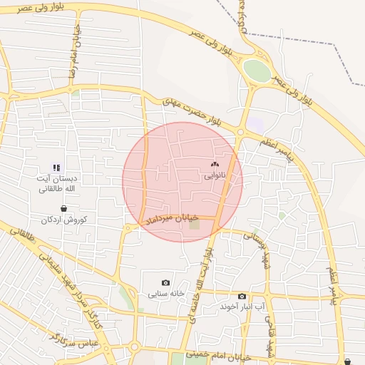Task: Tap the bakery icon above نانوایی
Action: point(215,164)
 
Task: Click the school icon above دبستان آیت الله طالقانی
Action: point(56,168)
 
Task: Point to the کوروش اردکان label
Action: point(64,220)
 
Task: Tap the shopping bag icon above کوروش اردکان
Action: point(65,209)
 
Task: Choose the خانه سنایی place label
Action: point(165,293)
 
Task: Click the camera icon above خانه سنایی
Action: point(166,282)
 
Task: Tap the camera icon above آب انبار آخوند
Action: point(242,296)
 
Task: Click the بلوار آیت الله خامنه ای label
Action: point(201,292)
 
